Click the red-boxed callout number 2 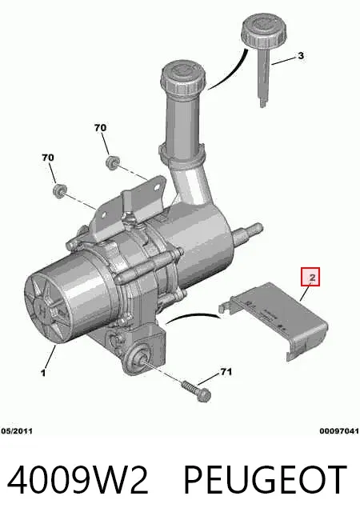coord(312,277)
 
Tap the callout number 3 coord(301,55)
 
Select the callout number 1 coord(43,372)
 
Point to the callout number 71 coord(226,372)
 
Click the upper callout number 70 coord(100,128)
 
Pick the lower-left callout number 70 coord(48,157)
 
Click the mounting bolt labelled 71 coord(197,392)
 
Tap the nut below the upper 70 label coord(112,162)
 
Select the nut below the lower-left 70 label coord(59,190)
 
